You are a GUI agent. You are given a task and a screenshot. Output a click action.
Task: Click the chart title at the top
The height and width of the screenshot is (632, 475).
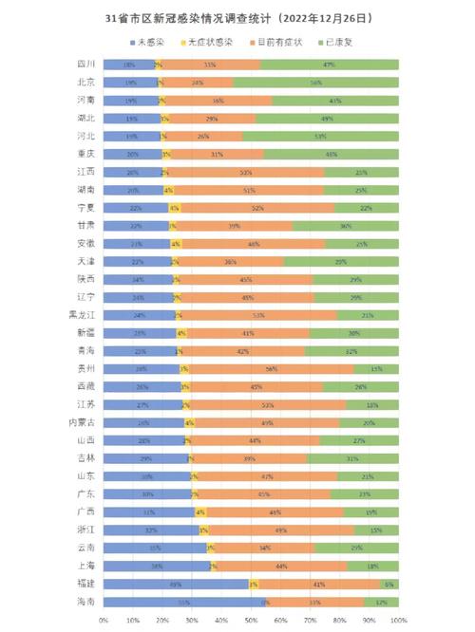(237, 18)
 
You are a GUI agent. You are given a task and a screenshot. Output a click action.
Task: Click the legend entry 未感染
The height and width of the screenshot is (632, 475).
(149, 43)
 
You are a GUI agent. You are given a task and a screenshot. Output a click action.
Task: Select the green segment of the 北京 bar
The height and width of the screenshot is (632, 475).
(315, 83)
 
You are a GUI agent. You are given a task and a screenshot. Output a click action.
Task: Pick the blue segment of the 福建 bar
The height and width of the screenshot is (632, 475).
(176, 584)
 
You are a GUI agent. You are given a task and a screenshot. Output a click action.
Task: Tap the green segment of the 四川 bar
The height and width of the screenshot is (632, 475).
(329, 65)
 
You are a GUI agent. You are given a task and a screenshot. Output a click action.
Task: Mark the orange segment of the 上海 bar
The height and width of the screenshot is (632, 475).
(282, 566)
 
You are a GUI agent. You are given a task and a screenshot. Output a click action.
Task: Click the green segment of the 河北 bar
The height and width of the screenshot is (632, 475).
(320, 136)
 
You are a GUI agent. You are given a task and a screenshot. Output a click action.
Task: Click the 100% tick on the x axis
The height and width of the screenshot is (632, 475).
(398, 619)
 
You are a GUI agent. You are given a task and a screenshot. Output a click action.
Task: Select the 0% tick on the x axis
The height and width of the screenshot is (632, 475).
(104, 619)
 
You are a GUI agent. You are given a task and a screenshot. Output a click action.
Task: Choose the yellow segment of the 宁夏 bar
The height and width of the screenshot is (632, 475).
(174, 208)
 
